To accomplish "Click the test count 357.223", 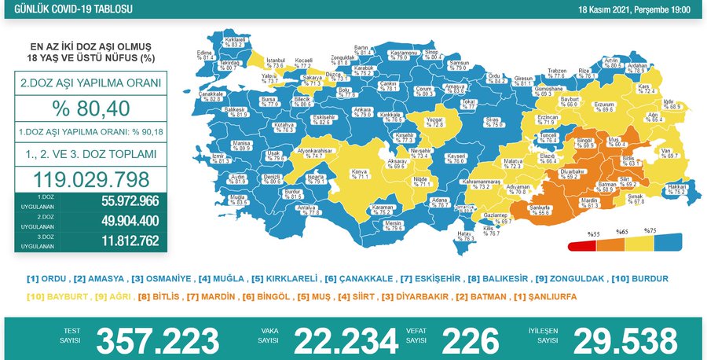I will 157,340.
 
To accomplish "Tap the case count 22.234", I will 346,340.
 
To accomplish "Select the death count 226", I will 471,340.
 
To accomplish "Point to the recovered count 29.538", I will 625,340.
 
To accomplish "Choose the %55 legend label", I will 595,233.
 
